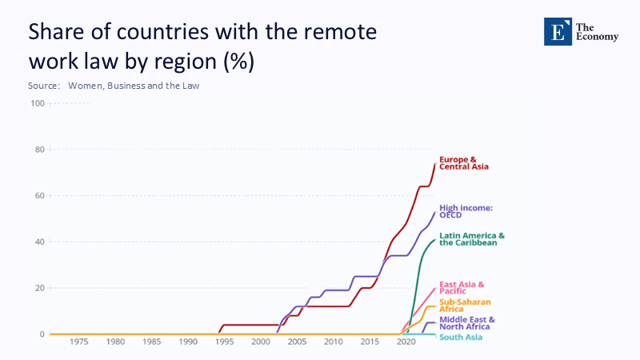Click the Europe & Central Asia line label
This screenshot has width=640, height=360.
point(463,163)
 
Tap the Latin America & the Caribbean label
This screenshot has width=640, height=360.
point(472,239)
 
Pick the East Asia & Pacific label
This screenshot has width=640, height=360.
point(462,286)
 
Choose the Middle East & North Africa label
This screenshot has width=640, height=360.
point(467,322)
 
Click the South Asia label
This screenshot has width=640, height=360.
point(460,337)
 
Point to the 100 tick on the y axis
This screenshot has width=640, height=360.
point(38,103)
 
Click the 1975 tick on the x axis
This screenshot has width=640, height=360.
point(79,342)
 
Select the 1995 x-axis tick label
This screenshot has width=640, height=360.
point(224,342)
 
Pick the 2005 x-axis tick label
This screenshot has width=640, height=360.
point(297,342)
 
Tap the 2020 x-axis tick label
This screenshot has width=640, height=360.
point(406,342)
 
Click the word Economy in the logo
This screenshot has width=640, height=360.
point(600,37)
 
